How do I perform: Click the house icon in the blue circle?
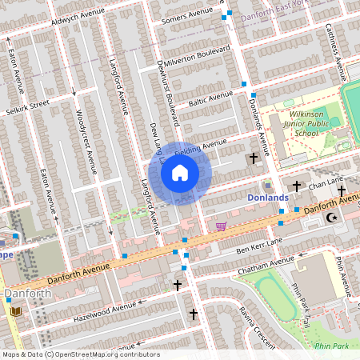coord(180,172)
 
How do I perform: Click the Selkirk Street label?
coord(29,106)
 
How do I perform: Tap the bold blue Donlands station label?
coord(267,198)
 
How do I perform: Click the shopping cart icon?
coord(221,226)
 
